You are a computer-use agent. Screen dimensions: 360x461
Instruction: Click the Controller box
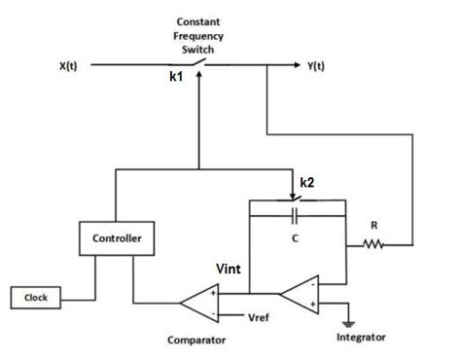117,238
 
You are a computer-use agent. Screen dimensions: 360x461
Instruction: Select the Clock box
36,297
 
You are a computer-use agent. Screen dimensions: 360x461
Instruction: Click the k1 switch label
177,89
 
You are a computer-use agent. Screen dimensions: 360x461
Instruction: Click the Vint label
230,266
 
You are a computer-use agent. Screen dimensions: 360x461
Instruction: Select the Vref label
259,318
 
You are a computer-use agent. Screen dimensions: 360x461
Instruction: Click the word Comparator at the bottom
197,341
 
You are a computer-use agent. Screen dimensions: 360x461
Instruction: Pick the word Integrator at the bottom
360,337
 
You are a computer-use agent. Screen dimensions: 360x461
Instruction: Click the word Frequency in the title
200,36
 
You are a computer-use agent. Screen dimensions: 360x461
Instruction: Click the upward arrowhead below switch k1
198,79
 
